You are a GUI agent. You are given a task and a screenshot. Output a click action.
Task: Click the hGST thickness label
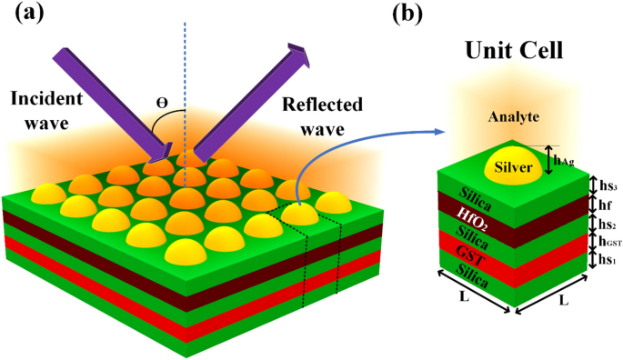tap(604, 242)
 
